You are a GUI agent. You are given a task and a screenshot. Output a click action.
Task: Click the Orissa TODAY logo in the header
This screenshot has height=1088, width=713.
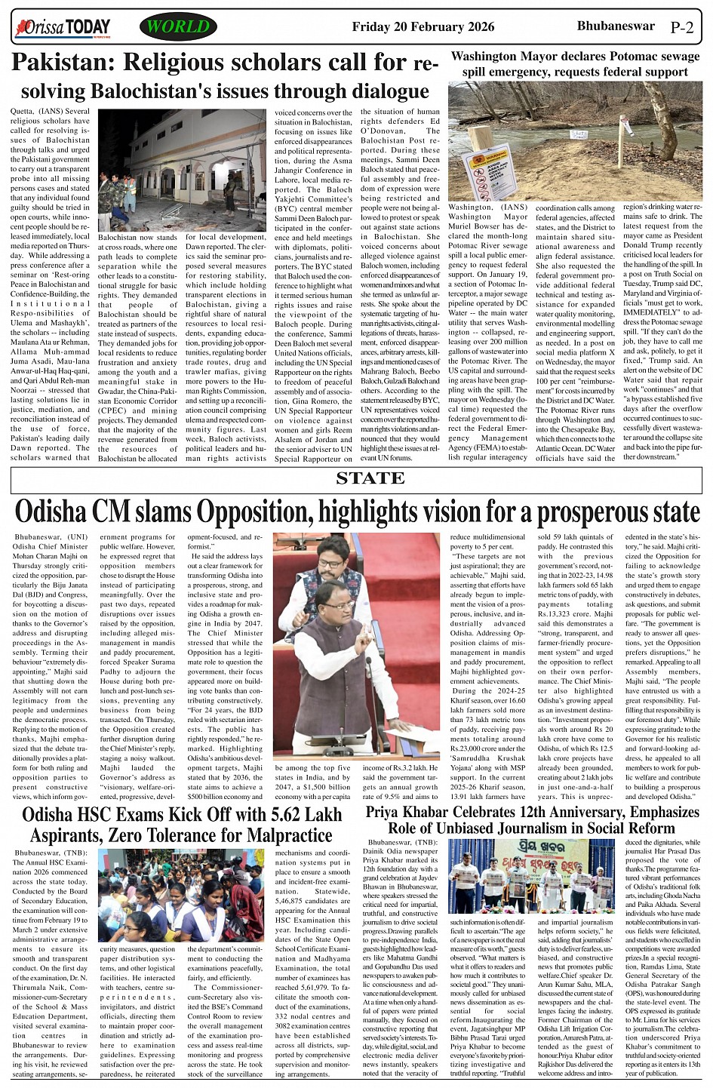tap(63, 29)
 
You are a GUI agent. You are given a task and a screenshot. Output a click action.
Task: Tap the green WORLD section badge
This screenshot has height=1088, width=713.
tap(178, 28)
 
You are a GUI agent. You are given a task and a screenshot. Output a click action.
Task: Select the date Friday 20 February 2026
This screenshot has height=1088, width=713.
tap(423, 27)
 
